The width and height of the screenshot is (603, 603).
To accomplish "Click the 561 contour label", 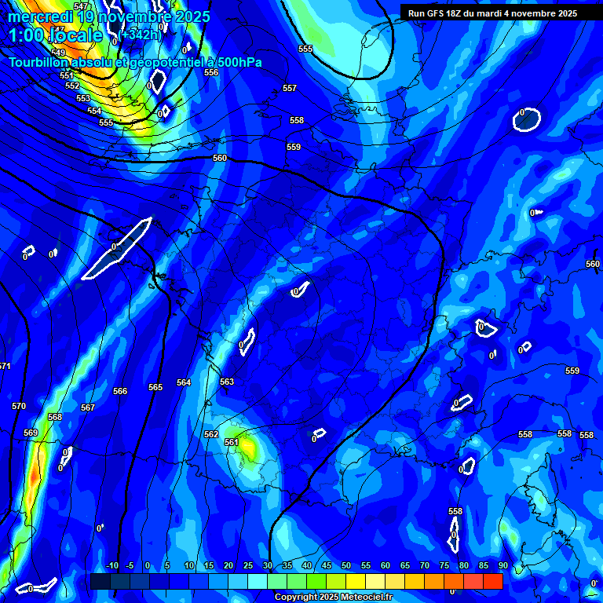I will (231, 442).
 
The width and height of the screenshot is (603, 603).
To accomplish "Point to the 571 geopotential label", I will (4, 367).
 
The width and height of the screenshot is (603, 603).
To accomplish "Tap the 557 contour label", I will (290, 89).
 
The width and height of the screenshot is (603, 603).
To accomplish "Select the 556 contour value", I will (211, 72).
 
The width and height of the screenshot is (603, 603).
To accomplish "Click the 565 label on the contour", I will (155, 387).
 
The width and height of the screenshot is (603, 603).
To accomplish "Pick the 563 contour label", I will (227, 382).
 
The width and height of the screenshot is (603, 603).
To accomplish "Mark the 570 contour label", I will (19, 406).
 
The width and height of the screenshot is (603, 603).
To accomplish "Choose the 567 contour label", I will (88, 407).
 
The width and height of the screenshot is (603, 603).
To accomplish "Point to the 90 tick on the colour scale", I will (502, 565).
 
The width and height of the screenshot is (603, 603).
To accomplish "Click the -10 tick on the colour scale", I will (111, 565).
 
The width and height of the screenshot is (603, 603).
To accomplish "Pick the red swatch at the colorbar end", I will (492, 581).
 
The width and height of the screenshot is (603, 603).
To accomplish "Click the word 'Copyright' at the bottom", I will (297, 598).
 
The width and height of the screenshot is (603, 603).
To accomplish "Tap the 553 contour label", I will (83, 98).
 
